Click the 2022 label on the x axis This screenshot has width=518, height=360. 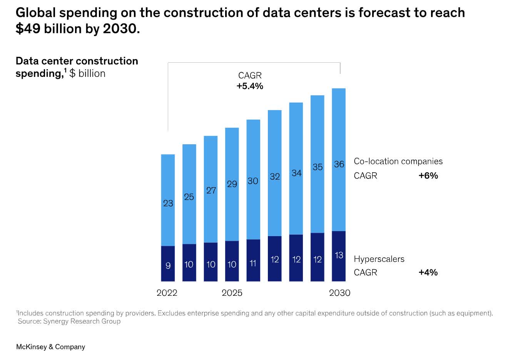click(167, 293)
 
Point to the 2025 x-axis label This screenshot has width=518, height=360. click(232, 293)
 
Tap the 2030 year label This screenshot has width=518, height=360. click(339, 293)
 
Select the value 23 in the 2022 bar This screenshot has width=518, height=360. click(168, 203)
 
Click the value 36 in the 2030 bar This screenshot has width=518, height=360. click(339, 164)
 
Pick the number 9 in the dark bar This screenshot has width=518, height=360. click(168, 265)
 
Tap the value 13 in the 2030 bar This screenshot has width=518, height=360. click(339, 255)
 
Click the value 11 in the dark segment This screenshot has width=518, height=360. click(253, 263)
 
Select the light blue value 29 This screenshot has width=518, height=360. click(232, 184)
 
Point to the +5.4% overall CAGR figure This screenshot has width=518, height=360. click(250, 86)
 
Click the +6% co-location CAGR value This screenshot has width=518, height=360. click(428, 176)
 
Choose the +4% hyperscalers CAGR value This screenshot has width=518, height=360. click(428, 273)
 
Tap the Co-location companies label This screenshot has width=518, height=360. click(398, 162)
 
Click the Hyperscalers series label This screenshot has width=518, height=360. click(379, 259)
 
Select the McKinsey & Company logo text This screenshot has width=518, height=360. click(50, 347)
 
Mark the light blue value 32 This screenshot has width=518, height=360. click(275, 177)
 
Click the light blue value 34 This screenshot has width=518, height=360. click(296, 173)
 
